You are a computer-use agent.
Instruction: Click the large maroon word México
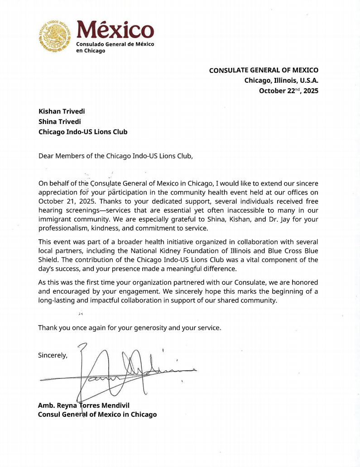115,30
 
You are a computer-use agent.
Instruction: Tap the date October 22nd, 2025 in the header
288,91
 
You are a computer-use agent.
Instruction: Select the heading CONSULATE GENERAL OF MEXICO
264,70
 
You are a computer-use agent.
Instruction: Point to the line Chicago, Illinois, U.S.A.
281,81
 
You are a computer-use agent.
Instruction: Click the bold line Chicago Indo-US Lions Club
83,132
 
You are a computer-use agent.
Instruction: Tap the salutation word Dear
46,156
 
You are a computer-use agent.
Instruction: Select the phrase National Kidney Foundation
179,251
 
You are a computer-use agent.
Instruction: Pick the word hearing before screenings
50,210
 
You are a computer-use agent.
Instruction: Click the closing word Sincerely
53,355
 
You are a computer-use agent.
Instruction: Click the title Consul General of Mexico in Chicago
97,414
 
